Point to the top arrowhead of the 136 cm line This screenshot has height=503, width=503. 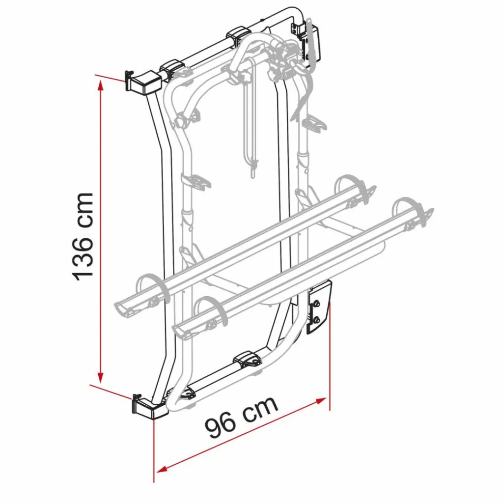(x=101, y=84)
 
